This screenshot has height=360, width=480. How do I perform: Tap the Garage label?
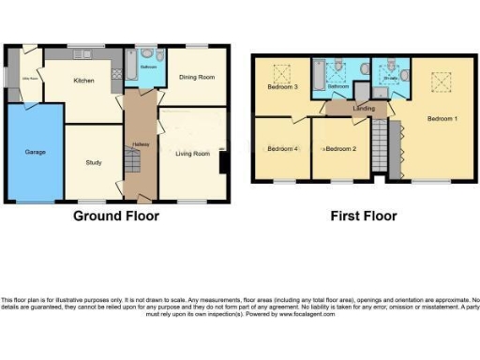(x=36, y=150)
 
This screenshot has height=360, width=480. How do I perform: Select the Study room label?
(x=93, y=163)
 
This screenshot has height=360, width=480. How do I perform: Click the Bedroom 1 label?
(x=442, y=119)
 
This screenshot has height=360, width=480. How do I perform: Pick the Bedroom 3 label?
(x=283, y=87)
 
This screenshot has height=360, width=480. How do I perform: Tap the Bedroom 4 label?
(x=283, y=148)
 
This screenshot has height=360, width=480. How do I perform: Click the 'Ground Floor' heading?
(x=116, y=216)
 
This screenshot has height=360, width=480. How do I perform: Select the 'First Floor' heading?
(x=365, y=216)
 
